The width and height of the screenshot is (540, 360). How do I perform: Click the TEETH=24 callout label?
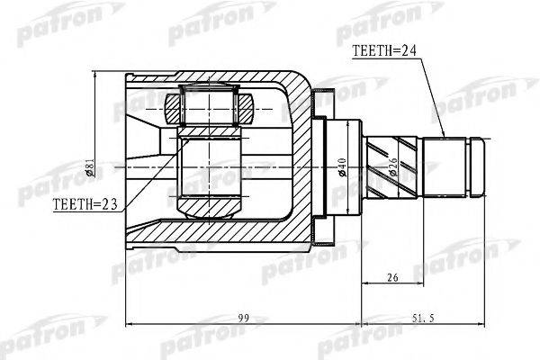tap(384, 51)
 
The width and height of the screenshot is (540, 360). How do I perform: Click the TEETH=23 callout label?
tap(85, 204)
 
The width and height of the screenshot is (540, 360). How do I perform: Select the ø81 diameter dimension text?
tap(89, 167)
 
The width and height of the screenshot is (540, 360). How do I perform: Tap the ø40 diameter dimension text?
tap(342, 167)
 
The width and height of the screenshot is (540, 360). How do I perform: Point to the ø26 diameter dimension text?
tap(393, 167)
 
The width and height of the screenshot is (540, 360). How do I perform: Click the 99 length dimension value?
tap(244, 318)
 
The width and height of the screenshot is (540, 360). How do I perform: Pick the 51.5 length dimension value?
tap(423, 318)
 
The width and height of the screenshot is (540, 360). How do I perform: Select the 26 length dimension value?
tap(392, 277)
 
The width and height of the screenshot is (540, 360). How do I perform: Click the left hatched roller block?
tap(173, 109)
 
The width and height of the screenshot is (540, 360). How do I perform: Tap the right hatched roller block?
tap(246, 109)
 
